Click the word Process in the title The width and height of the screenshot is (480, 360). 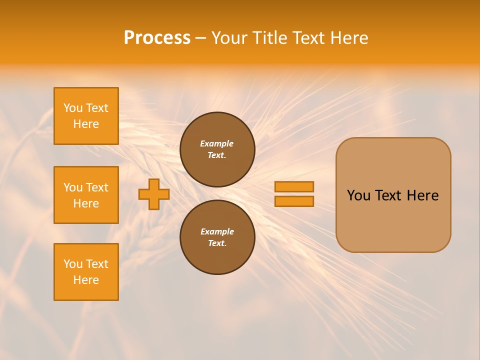pyautogui.click(x=157, y=38)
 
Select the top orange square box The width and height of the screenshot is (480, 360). pyautogui.click(x=86, y=116)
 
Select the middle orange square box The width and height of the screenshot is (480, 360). pyautogui.click(x=86, y=195)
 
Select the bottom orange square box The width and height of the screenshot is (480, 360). pyautogui.click(x=86, y=272)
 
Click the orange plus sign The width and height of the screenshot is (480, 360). pyautogui.click(x=153, y=194)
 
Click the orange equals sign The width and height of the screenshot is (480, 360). pyautogui.click(x=294, y=194)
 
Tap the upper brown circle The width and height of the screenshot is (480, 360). pyautogui.click(x=217, y=149)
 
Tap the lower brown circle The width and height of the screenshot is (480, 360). pyautogui.click(x=217, y=237)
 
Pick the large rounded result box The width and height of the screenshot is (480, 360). pyautogui.click(x=393, y=195)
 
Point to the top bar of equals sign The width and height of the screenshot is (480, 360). pyautogui.click(x=294, y=187)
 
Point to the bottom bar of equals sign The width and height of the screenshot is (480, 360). pyautogui.click(x=294, y=201)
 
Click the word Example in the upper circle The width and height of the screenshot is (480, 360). pyautogui.click(x=217, y=143)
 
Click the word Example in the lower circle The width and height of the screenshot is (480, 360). pyautogui.click(x=217, y=231)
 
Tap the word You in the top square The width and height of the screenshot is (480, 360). pyautogui.click(x=73, y=108)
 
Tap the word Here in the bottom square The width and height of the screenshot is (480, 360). pyautogui.click(x=86, y=280)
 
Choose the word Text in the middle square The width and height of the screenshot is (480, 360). pyautogui.click(x=97, y=187)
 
